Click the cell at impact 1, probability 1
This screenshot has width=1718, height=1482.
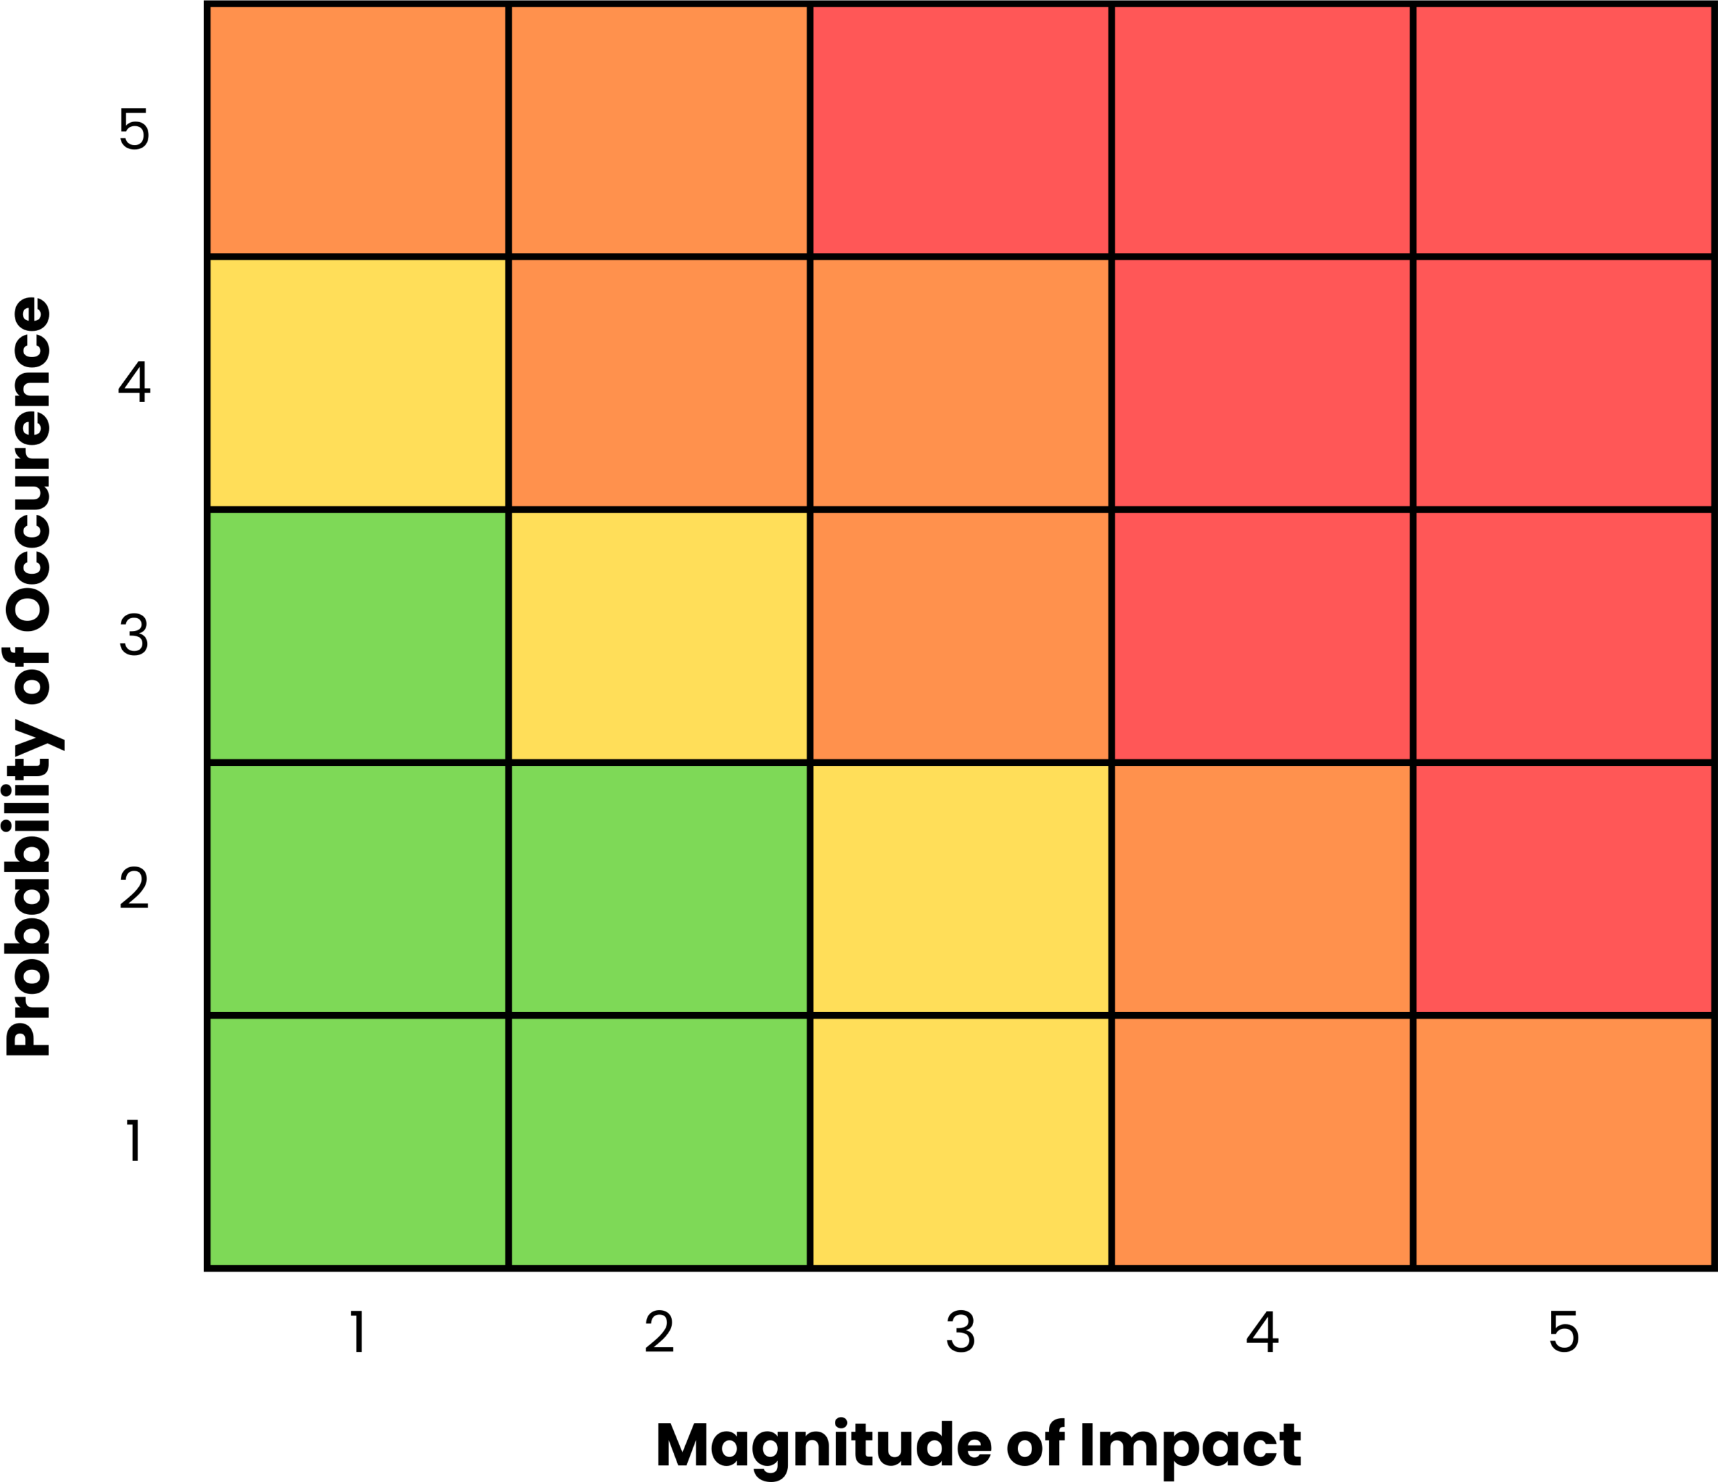pos(358,1141)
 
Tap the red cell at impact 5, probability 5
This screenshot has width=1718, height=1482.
pos(1563,130)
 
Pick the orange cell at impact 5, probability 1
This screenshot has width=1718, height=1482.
pos(1563,1141)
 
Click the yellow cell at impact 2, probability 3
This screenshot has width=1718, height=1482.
pos(659,635)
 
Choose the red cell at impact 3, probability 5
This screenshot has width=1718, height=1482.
pos(960,130)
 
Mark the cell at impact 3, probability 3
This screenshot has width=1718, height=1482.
pos(960,635)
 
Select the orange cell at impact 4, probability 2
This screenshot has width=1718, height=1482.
pos(1262,888)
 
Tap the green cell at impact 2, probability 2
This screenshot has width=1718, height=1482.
pos(659,888)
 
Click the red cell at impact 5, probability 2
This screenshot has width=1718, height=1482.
pos(1563,888)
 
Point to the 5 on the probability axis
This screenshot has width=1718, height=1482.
pos(134,130)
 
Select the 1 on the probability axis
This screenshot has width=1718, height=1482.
pos(134,1141)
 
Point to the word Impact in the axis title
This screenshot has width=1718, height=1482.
pos(1191,1446)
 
